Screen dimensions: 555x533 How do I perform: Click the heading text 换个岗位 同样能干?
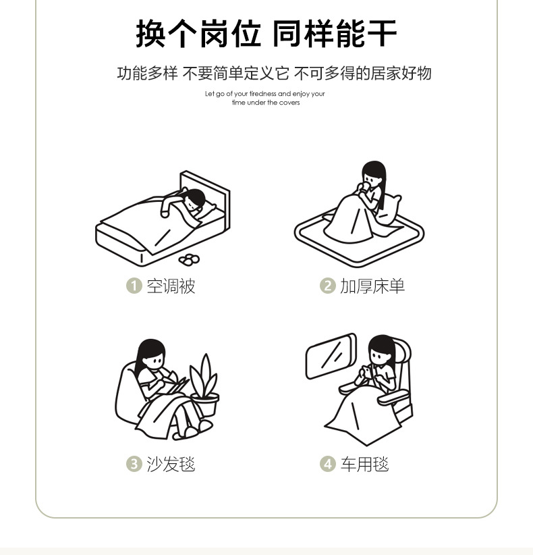click(x=266, y=34)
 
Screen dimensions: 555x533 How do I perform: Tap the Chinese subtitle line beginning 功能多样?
click(x=274, y=74)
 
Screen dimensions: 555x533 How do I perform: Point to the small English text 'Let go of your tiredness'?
click(x=265, y=94)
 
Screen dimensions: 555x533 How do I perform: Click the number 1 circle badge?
click(x=134, y=286)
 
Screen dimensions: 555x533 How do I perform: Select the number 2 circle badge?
click(x=327, y=286)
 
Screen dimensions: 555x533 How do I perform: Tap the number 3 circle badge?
click(x=134, y=464)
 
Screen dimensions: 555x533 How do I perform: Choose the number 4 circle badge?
click(x=327, y=464)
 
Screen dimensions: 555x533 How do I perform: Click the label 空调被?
click(x=171, y=286)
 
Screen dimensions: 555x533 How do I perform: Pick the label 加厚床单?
click(x=372, y=286)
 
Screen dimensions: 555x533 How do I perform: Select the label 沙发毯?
click(x=171, y=464)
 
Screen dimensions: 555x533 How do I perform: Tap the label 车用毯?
click(x=364, y=464)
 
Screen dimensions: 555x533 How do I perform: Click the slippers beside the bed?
click(x=189, y=259)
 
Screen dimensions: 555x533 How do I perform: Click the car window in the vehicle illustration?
click(x=331, y=356)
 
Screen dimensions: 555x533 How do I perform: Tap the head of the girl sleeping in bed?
click(x=195, y=200)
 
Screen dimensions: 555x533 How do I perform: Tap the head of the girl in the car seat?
click(x=381, y=350)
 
